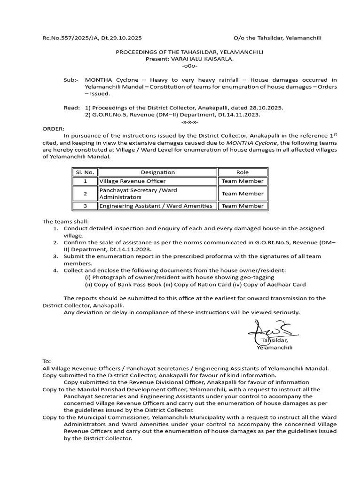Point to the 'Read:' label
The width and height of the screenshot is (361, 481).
pos(72,108)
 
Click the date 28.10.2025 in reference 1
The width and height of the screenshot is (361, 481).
pos(267,108)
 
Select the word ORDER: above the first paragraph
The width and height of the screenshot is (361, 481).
pos(53,128)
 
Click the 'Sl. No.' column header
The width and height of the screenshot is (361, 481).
pos(85,172)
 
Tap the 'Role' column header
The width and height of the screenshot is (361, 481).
pos(243,172)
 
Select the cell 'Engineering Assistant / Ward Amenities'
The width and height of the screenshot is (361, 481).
pos(156,206)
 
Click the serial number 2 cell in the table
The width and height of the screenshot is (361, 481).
pos(85,194)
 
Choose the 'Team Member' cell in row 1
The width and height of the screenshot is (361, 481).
pos(243,181)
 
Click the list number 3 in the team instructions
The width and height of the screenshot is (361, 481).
pos(55,256)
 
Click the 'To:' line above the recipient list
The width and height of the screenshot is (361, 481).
pos(47,361)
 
